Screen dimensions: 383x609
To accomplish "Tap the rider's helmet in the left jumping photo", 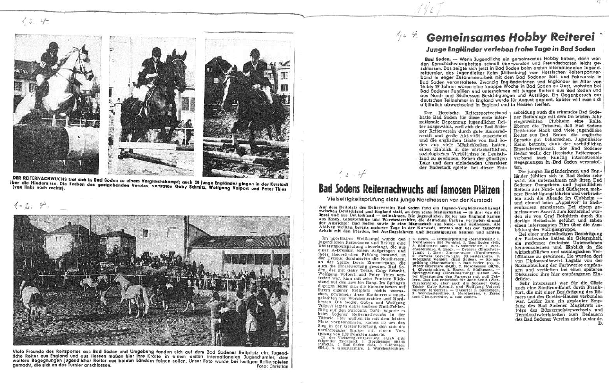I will (53, 45).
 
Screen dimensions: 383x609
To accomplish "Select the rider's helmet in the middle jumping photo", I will (156, 51).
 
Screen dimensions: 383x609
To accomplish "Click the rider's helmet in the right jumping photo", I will (255, 53).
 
